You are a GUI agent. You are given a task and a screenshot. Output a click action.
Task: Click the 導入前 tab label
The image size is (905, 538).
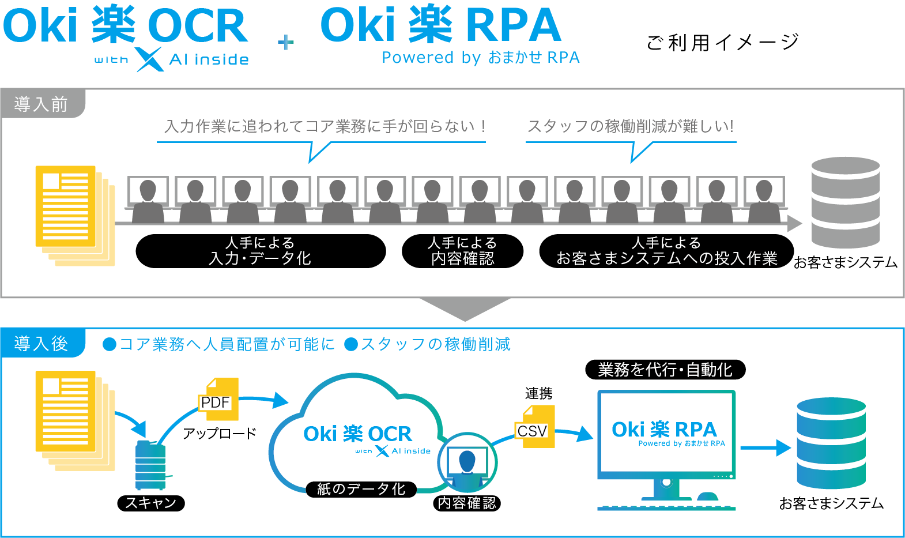(41, 104)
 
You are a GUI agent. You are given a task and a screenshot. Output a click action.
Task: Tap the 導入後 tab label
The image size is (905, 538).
(41, 344)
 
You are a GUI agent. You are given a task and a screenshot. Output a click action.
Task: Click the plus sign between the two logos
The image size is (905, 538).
(285, 42)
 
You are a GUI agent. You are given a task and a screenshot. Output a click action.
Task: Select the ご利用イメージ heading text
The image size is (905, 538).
(723, 42)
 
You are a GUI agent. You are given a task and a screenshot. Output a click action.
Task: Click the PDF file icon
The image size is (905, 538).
(219, 400)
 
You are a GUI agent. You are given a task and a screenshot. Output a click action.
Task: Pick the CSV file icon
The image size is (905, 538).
(535, 427)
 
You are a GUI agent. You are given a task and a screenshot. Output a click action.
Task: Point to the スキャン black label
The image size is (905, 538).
(151, 503)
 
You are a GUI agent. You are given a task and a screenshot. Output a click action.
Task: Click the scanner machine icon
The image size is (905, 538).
(150, 465)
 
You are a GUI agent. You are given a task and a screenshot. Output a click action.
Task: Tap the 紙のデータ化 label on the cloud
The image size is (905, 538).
(361, 489)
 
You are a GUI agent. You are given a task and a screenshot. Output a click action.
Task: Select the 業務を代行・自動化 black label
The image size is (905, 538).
(665, 370)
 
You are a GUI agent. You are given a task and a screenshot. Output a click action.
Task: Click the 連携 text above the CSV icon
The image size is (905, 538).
(538, 393)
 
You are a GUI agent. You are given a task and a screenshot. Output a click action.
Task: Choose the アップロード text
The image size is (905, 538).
(219, 433)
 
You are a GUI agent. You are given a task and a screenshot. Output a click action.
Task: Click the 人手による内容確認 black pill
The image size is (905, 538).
(462, 251)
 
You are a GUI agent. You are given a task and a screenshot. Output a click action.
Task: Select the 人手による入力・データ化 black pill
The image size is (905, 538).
(261, 251)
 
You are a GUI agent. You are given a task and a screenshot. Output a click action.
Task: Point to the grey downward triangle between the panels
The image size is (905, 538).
(465, 308)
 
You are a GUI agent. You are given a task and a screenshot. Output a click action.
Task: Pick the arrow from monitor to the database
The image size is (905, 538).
(765, 447)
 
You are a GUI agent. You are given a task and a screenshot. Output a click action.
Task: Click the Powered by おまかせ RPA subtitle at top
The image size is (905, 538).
(480, 58)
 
